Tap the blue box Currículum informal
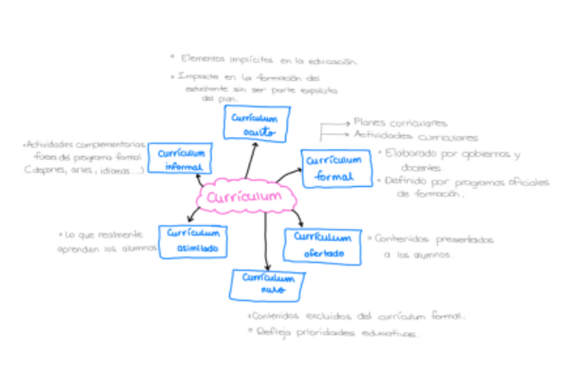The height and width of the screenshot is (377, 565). [x=180, y=159]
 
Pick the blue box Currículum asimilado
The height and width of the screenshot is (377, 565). [x=193, y=241]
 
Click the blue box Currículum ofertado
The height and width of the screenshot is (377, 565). [x=322, y=245]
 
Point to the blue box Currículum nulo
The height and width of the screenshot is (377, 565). [x=263, y=284]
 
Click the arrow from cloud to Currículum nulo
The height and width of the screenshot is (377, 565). [x=267, y=240]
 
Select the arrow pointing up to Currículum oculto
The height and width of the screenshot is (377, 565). [x=251, y=160]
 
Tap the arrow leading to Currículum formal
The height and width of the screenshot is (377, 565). [x=288, y=175]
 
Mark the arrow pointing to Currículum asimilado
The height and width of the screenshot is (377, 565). [x=195, y=214]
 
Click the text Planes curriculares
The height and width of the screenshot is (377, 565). [x=400, y=123]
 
